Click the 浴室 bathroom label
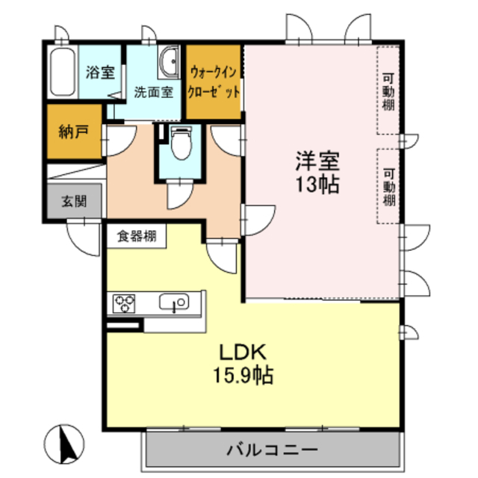click(99, 72)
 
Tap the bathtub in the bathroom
click(61, 72)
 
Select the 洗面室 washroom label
click(153, 93)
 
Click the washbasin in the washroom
click(170, 59)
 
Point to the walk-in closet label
click(214, 83)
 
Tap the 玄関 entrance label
click(74, 201)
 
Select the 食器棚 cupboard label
click(136, 237)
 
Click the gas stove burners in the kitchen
click(124, 303)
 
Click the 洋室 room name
click(317, 161)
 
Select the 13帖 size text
click(317, 184)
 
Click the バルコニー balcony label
click(272, 450)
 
